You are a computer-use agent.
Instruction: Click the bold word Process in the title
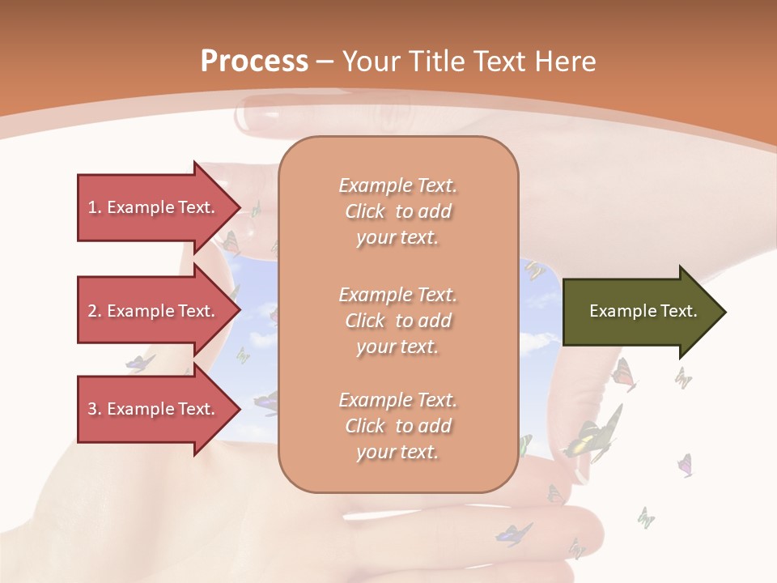click(x=254, y=62)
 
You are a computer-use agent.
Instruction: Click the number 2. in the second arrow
click(x=95, y=311)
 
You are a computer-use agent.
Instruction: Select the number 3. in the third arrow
click(x=95, y=409)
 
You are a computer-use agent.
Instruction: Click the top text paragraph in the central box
click(x=397, y=211)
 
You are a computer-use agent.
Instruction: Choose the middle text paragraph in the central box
click(x=397, y=321)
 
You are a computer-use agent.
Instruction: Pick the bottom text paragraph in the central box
click(x=397, y=426)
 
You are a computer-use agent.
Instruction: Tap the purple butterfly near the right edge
click(x=686, y=465)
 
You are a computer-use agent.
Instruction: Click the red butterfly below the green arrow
click(x=624, y=373)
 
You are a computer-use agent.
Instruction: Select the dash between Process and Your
click(x=325, y=62)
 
